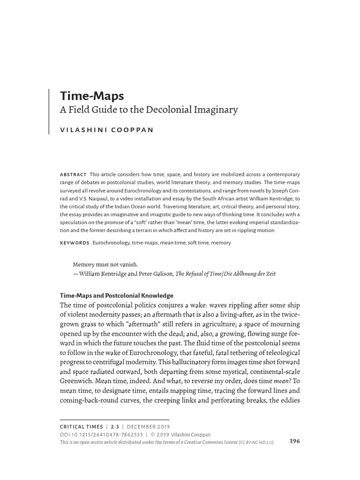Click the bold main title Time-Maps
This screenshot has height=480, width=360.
click(92, 96)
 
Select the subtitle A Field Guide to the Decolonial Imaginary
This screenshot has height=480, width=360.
click(149, 110)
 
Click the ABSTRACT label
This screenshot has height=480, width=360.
click(73, 174)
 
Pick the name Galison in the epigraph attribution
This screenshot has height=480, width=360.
click(160, 274)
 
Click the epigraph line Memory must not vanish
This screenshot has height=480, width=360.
click(105, 264)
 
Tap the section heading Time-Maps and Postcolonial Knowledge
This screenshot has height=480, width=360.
click(116, 296)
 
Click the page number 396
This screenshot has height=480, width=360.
click(295, 441)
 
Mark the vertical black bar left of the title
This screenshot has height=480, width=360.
click(49, 111)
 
